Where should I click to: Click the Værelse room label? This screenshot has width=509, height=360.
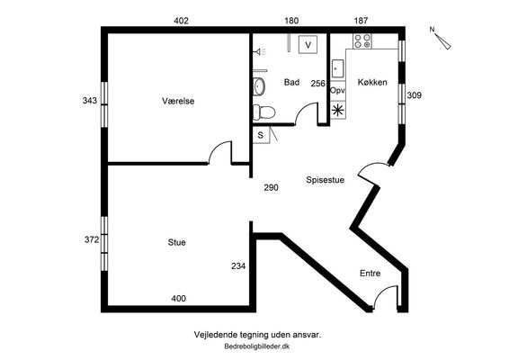178,101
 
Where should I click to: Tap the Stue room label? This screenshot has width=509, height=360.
177,242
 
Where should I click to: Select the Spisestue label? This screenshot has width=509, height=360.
325,180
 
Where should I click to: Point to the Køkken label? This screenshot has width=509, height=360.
372,82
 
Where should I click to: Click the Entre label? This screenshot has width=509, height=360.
371,274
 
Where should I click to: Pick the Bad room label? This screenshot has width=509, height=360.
291,82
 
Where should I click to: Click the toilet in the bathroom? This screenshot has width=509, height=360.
263,112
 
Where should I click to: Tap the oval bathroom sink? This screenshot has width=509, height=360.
259,86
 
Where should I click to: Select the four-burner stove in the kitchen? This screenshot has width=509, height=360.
362,41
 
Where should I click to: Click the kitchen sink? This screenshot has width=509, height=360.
337,68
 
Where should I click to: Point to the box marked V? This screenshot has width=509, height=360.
308,44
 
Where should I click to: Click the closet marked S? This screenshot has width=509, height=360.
261,135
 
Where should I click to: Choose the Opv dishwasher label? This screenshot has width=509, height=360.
337,91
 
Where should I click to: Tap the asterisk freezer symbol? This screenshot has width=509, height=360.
338,111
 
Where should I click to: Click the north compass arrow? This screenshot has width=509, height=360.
443,41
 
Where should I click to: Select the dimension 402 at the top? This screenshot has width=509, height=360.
181,21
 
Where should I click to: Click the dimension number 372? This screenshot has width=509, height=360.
92,239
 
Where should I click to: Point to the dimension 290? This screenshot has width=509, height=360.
271,187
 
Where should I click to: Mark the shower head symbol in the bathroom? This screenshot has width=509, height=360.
260,51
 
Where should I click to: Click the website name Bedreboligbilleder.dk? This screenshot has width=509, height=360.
257,346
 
